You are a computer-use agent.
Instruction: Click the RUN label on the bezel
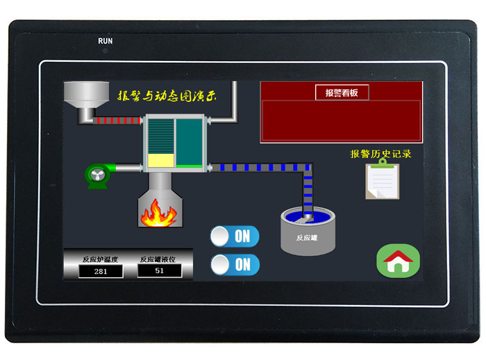(x=105, y=41)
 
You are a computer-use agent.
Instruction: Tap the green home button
(x=399, y=261)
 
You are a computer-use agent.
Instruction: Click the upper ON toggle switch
(x=235, y=236)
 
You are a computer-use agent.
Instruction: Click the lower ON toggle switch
(x=235, y=264)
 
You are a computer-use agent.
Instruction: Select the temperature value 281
(x=101, y=272)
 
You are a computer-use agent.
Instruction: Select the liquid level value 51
(x=160, y=271)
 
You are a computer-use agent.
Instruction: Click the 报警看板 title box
(x=342, y=92)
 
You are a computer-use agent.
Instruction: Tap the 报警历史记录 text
(x=381, y=154)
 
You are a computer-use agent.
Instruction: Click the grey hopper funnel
(x=86, y=98)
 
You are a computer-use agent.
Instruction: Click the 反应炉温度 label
(x=101, y=259)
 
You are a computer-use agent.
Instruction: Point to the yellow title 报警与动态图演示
(x=167, y=96)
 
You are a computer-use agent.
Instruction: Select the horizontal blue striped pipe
(x=257, y=167)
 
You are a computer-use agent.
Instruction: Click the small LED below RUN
(x=105, y=51)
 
